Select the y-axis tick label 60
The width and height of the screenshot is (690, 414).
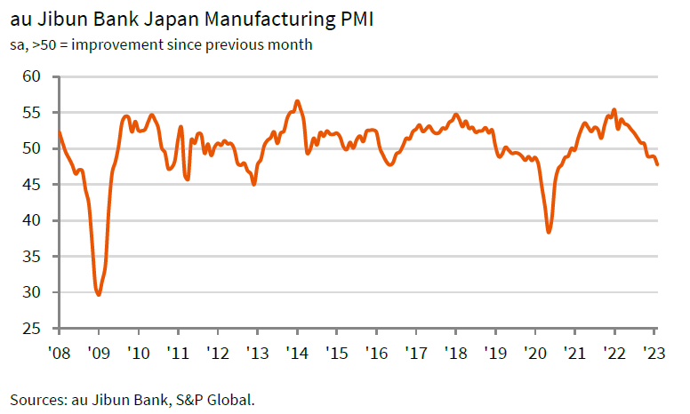click(x=32, y=76)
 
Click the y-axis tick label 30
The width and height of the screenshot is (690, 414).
click(x=32, y=292)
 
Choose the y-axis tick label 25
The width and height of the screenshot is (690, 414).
click(x=32, y=329)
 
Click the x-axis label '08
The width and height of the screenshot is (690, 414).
click(x=60, y=352)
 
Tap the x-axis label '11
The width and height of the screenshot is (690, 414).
click(x=178, y=352)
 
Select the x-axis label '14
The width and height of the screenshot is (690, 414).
click(x=297, y=352)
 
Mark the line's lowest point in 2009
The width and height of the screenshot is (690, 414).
click(x=98, y=294)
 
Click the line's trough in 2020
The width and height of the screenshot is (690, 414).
click(x=549, y=232)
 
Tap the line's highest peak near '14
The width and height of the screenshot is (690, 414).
click(x=297, y=101)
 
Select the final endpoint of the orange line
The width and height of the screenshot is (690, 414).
click(x=657, y=164)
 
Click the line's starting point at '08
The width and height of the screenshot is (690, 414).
click(x=60, y=132)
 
